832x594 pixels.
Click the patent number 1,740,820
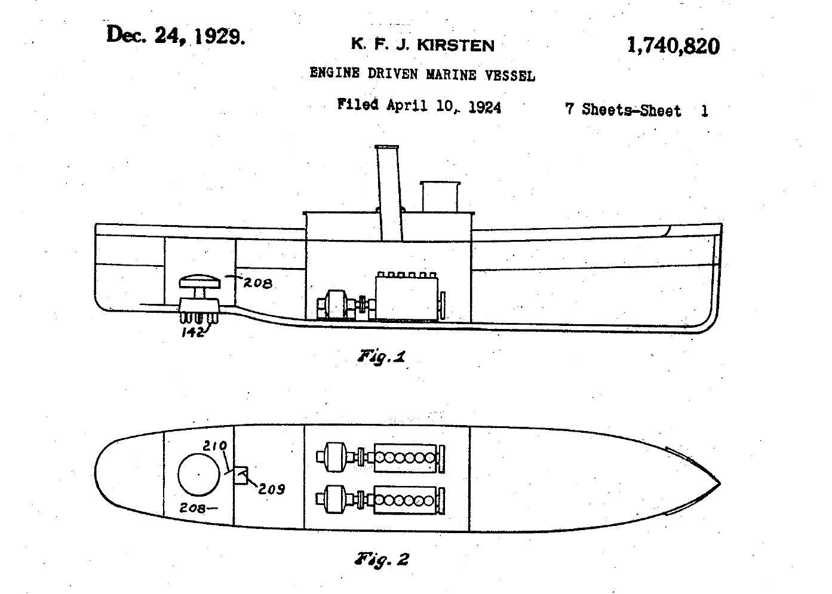(673, 46)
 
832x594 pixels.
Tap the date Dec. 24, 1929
(176, 36)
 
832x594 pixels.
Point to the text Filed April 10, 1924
(419, 106)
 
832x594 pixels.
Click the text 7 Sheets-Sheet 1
(636, 110)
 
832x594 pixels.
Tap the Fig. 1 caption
(382, 357)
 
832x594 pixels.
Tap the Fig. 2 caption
(383, 559)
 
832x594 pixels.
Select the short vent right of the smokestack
(439, 197)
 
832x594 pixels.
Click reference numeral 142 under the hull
(194, 331)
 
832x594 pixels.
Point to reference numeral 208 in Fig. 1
(257, 282)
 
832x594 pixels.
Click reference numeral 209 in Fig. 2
(272, 489)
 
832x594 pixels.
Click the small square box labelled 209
(242, 475)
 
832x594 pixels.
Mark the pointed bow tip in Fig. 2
(719, 484)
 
